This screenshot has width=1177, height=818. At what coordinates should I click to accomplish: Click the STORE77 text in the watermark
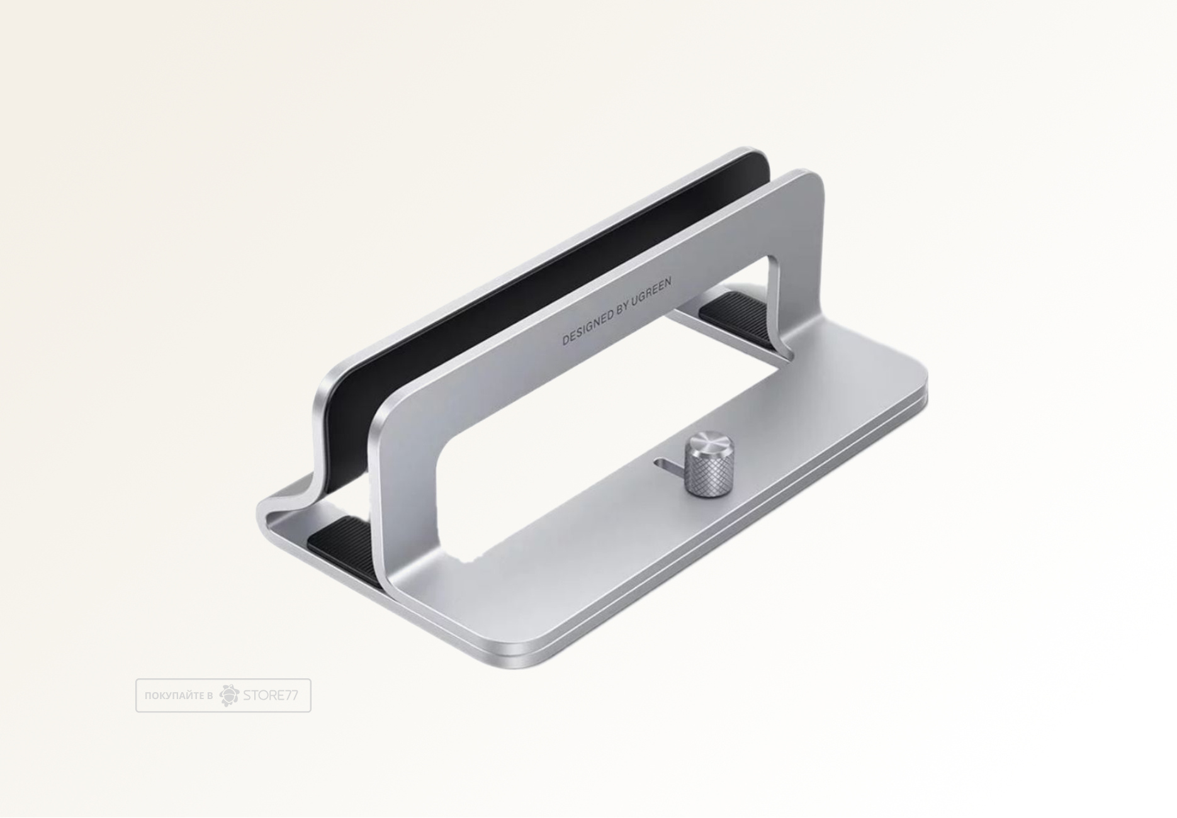[270, 695]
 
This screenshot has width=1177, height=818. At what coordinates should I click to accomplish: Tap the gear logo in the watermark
[229, 695]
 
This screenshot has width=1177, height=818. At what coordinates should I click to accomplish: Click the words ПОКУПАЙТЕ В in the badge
[178, 696]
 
